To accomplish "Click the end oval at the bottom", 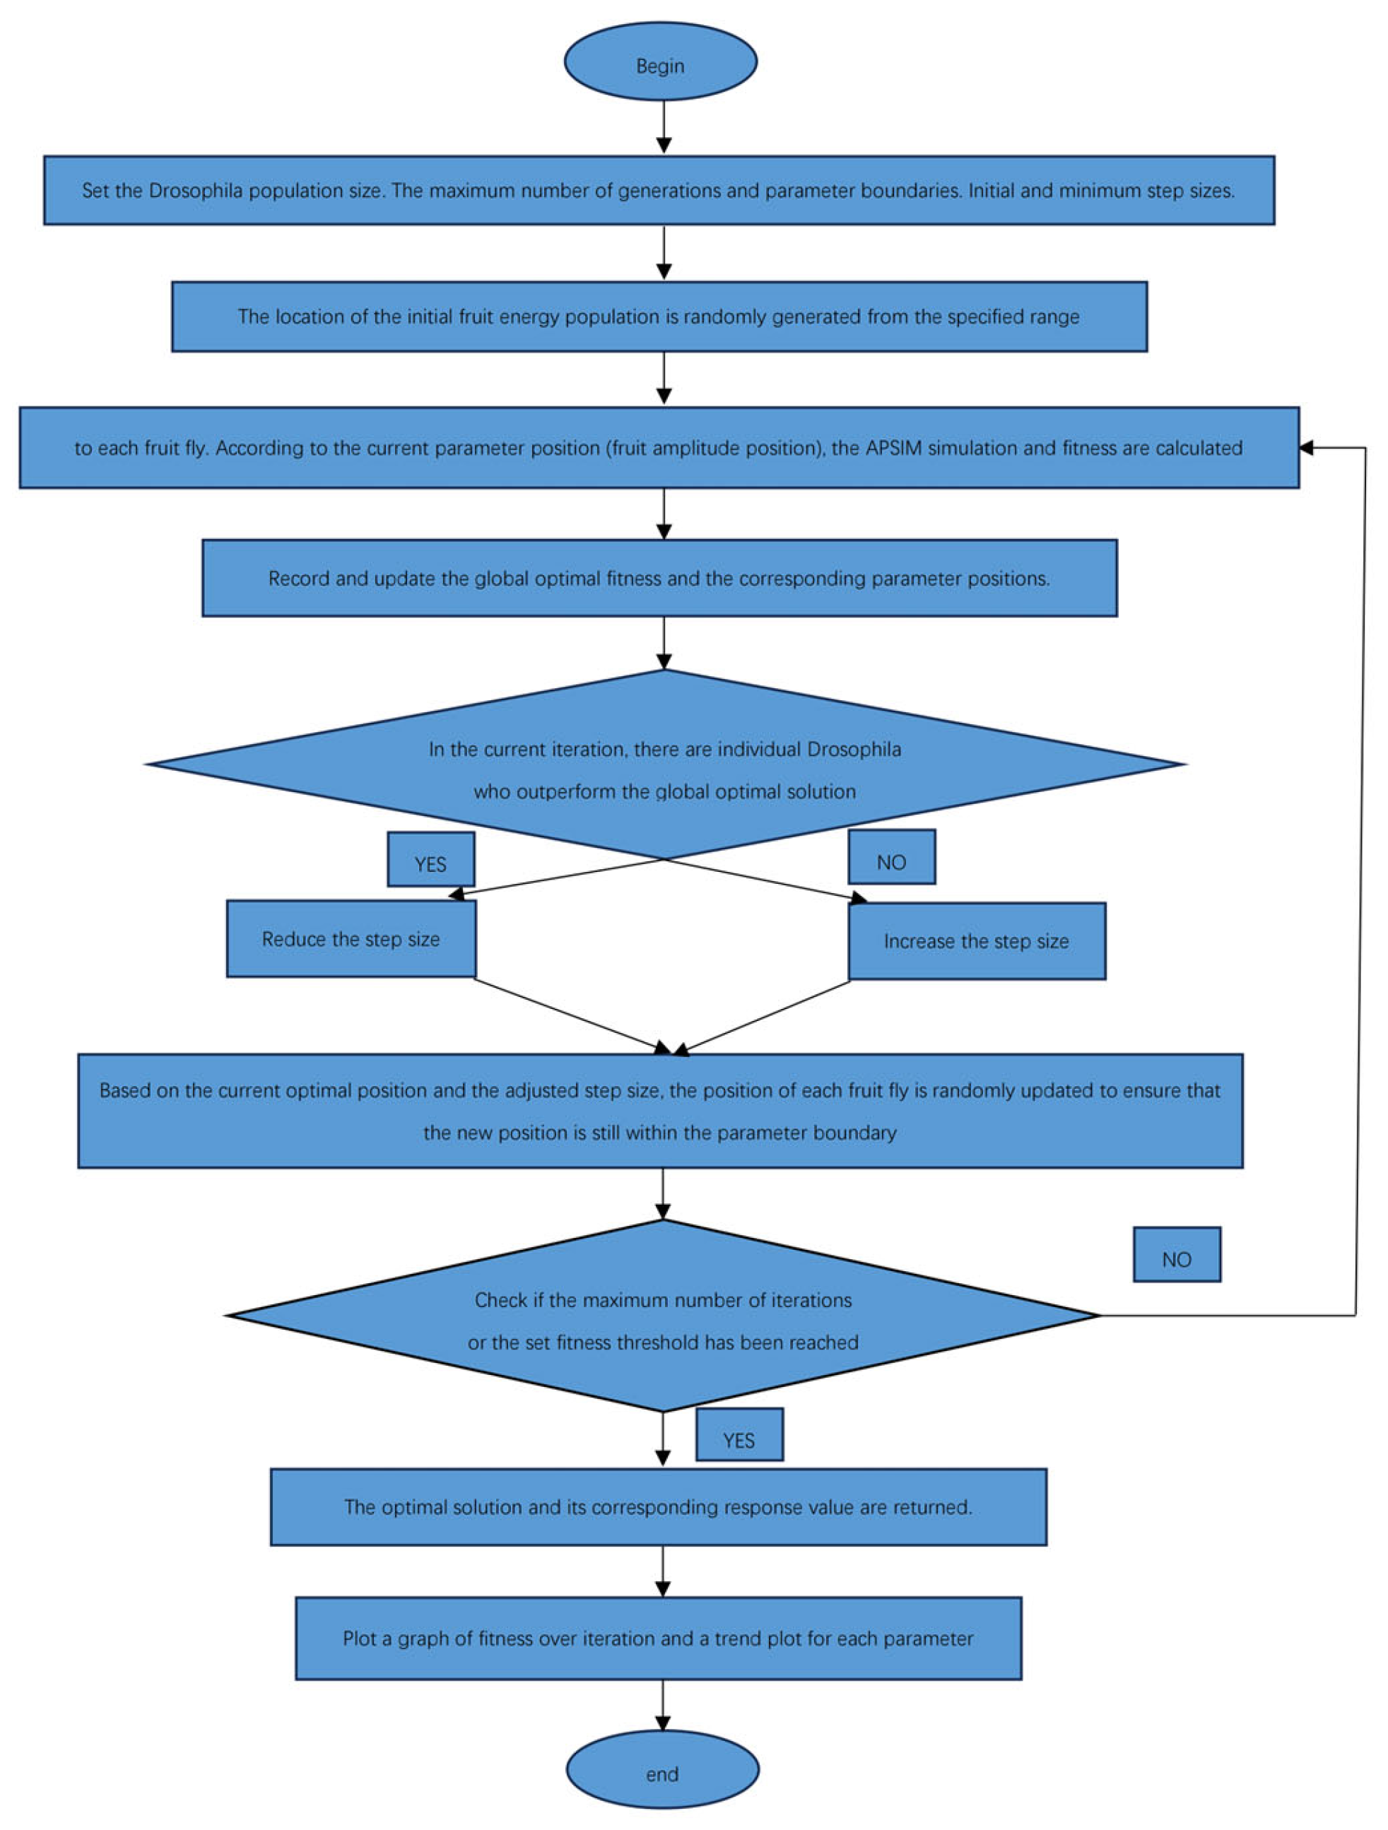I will [662, 1770].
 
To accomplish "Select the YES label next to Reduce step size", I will [430, 861].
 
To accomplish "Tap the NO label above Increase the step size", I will [891, 858].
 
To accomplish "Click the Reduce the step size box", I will [351, 939].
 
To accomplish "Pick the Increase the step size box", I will [976, 941].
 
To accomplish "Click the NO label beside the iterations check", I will [1176, 1255].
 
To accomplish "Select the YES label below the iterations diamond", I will [739, 1435].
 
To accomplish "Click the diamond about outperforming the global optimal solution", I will [664, 765].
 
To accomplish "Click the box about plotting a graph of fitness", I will [658, 1639].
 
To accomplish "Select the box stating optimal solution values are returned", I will [658, 1507].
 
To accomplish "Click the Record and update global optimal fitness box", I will [659, 578].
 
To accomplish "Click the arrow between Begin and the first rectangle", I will [663, 127].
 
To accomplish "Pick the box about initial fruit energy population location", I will [659, 317].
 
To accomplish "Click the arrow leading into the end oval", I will [662, 1710].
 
